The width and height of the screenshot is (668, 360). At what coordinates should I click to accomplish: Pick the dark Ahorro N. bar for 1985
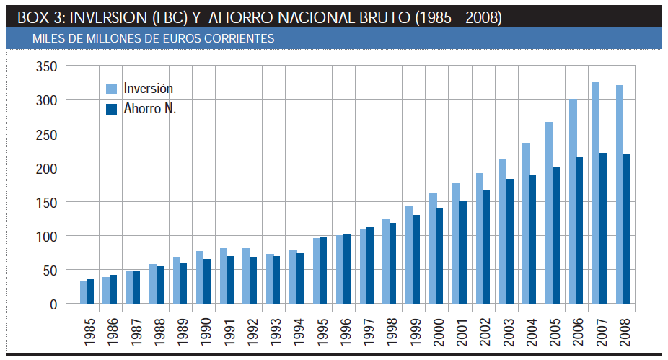point(90,291)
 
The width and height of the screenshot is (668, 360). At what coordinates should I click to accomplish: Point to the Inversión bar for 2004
point(527,223)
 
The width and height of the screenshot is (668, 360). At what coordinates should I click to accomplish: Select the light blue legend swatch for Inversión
point(111,88)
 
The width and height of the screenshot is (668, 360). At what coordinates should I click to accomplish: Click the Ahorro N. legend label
point(149,109)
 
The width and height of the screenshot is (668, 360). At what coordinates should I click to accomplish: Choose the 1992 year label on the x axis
point(250,328)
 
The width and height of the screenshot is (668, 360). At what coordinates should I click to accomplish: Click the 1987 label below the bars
point(133,328)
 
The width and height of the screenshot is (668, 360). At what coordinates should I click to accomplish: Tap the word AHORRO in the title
point(236,17)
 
